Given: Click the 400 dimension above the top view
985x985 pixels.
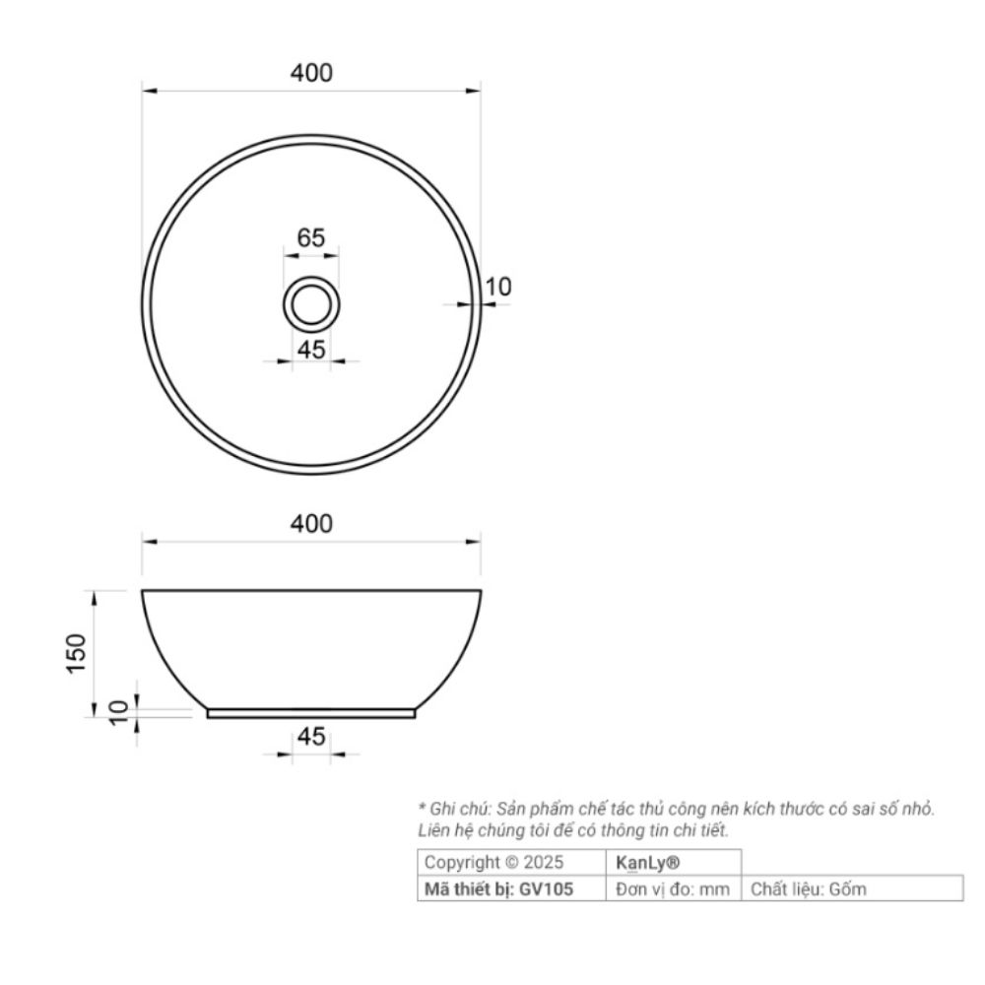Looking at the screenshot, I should coord(311,73).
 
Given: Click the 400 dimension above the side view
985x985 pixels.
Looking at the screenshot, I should coord(311,524).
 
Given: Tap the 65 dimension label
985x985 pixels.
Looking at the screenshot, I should coord(311,237).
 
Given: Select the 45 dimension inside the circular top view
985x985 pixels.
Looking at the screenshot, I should coord(311,350).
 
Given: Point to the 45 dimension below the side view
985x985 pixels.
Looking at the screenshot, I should coord(311,738).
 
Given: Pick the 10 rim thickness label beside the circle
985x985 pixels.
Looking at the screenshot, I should coord(499,287).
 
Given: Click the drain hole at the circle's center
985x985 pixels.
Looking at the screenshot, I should coord(311,302).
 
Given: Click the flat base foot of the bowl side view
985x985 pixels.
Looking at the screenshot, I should coord(311,713).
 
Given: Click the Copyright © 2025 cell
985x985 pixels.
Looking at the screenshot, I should coord(493,863).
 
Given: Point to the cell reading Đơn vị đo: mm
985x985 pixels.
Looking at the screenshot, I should coord(672,888).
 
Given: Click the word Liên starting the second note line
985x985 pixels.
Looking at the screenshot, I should coord(435,831).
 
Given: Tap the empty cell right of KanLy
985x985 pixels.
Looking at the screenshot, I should coord(851,863).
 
